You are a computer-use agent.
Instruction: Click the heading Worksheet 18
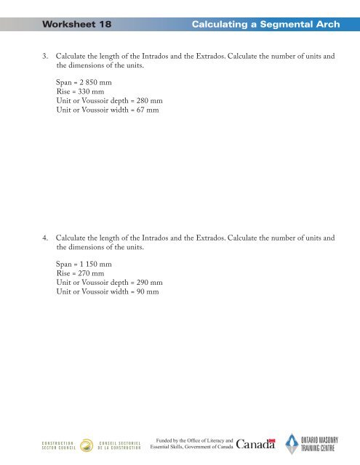tap(77, 24)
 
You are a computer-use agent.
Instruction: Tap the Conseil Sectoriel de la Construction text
tap(116, 445)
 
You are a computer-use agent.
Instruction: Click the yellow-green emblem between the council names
tap(86, 445)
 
